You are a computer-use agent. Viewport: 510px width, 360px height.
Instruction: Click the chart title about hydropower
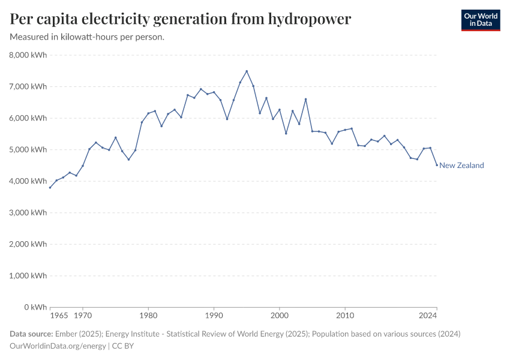pos(181,19)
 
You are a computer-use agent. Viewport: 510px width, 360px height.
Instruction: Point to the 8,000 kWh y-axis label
pos(27,55)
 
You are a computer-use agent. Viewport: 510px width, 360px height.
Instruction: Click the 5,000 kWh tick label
pos(27,149)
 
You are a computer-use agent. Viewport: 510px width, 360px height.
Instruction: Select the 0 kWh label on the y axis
pos(34,307)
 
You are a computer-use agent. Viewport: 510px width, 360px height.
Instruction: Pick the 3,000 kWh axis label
pos(27,212)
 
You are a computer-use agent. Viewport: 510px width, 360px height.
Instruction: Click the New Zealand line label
pos(461,166)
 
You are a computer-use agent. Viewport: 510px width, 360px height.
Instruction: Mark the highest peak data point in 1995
pos(247,71)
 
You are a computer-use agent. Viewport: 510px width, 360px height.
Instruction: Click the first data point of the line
pos(50,188)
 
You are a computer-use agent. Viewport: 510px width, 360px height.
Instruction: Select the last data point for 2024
pos(436,164)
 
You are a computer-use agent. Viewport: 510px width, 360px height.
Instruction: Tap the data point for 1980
pos(148,113)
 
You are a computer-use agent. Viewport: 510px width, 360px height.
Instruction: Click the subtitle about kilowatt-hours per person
pos(87,37)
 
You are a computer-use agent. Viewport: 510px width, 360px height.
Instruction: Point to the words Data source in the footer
pos(31,334)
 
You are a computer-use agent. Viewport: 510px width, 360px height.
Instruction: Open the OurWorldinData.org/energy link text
pos(58,346)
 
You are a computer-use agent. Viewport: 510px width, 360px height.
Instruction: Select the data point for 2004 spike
pos(305,99)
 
